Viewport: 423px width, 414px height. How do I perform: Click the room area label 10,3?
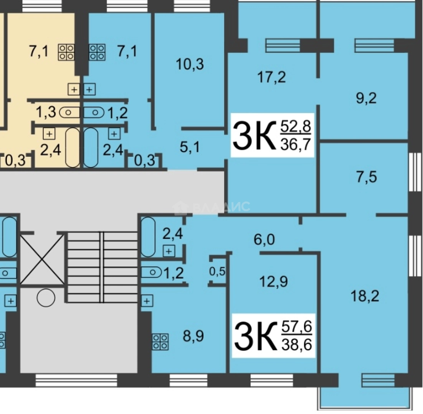(190, 64)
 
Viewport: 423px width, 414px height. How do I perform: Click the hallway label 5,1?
(190, 146)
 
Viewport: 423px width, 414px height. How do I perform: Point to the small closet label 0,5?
(217, 271)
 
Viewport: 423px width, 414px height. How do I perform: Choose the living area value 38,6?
(296, 344)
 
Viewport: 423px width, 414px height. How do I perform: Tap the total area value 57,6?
(296, 328)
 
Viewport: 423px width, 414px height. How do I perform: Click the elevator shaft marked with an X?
(42, 260)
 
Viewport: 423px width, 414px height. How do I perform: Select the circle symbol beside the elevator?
(46, 297)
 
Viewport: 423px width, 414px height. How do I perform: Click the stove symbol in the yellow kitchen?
(66, 52)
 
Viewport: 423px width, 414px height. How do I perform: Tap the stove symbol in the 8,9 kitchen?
(160, 342)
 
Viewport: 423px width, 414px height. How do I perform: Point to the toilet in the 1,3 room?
(70, 113)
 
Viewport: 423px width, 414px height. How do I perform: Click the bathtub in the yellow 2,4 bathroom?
(72, 148)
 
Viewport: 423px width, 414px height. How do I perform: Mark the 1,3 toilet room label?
(46, 112)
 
